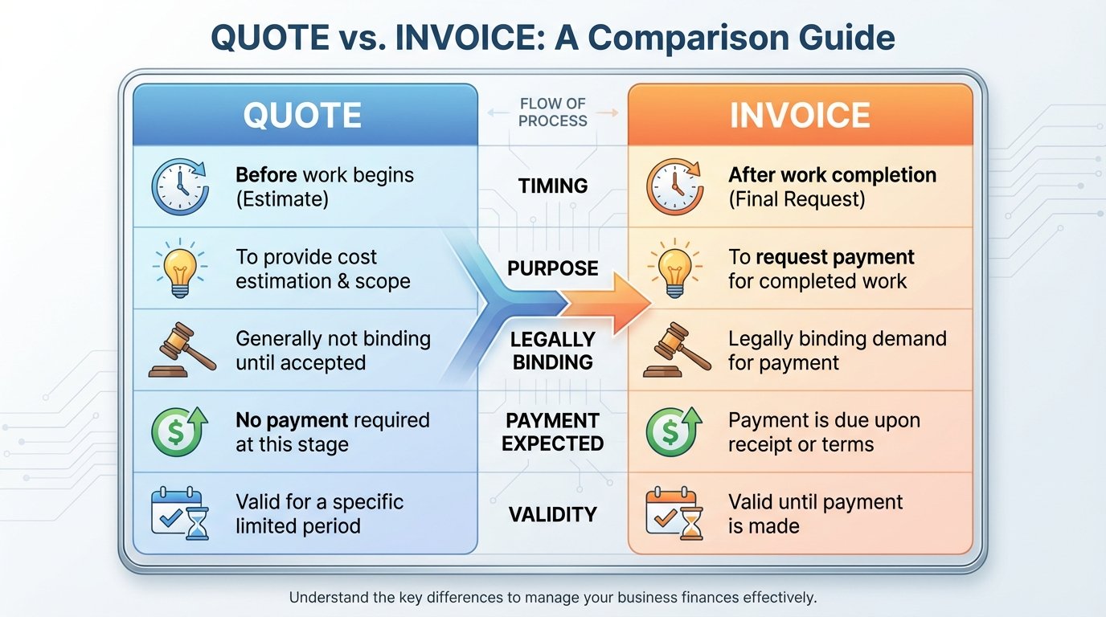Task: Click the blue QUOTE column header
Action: coord(304,116)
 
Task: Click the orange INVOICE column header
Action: coord(799,116)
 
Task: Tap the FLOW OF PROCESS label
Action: coord(553,112)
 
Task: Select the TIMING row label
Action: coord(553,186)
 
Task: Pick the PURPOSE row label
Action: coord(553,268)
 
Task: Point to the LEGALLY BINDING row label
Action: coord(553,350)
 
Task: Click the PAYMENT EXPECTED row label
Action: coord(553,432)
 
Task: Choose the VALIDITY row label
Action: coord(553,514)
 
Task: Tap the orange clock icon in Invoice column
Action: coord(674,186)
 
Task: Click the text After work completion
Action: coord(832,175)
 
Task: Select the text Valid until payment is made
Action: coord(815,514)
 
